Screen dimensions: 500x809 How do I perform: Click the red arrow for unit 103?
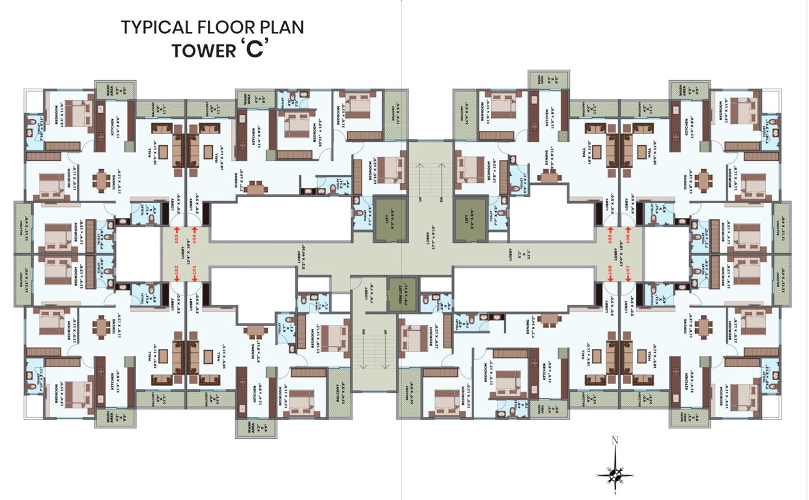(x=176, y=229)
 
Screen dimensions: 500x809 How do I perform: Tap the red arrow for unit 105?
(x=610, y=229)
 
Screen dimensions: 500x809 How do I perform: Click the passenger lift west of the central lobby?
(x=390, y=220)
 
